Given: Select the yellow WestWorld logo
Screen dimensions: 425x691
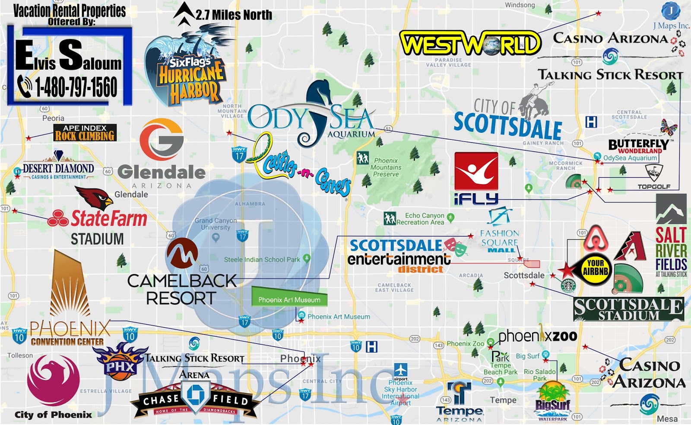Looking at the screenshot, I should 470,43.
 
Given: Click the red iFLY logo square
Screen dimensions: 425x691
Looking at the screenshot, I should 476,171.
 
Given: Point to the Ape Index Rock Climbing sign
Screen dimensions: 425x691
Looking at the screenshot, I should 85,133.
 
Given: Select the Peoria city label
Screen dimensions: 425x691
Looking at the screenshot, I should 53,118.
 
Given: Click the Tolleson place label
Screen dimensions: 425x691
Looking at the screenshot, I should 20,355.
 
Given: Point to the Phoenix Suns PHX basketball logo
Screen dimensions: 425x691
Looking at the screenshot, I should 120,362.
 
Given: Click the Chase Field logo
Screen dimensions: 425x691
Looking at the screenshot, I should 195,399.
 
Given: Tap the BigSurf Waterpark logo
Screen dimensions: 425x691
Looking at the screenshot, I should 553,402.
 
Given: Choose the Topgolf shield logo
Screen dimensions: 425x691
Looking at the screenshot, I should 654,173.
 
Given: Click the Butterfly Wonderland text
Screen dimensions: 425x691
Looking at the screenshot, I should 638,146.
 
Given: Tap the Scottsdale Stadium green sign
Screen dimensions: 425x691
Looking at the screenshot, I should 628,309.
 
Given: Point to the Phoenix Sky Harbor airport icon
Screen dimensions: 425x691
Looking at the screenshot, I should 400,370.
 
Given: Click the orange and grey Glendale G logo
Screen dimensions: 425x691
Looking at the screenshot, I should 162,139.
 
